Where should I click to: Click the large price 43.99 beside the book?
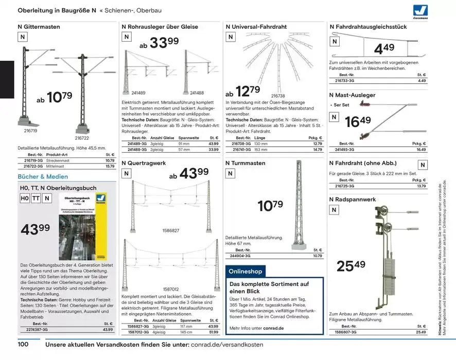coord(35,229)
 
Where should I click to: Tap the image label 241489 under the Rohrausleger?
coord(138,93)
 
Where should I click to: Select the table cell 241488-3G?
coord(135,150)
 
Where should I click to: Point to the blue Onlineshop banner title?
coord(245,271)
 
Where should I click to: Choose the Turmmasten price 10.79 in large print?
coord(271,206)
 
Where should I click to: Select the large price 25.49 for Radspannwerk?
coord(351,265)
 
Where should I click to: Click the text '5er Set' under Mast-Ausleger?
coord(341,105)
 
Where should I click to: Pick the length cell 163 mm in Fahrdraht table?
coord(261,150)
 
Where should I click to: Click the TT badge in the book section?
coord(36,199)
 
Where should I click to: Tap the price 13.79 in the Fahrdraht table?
coord(421,186)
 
